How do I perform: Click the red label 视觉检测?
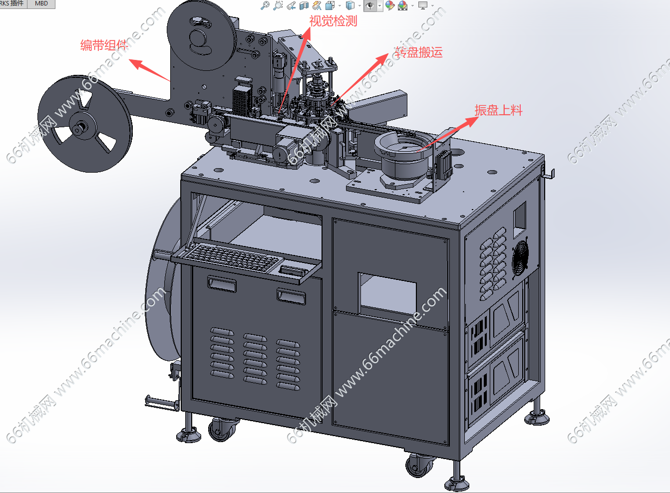(x=333, y=21)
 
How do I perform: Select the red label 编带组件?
(x=104, y=45)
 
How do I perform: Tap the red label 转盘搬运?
(x=418, y=52)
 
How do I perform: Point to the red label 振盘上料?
(x=498, y=110)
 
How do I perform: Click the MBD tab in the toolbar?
(x=41, y=3)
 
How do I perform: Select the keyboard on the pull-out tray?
(x=233, y=257)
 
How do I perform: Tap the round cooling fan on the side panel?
(x=520, y=256)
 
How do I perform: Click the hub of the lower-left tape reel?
(x=79, y=128)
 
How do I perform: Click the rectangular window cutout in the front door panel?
(x=387, y=294)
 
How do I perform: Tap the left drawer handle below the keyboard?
(x=222, y=284)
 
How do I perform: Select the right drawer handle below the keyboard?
(x=291, y=296)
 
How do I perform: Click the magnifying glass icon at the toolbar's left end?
(x=265, y=5)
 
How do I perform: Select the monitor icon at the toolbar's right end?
(x=423, y=5)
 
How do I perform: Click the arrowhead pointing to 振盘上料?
(x=471, y=121)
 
